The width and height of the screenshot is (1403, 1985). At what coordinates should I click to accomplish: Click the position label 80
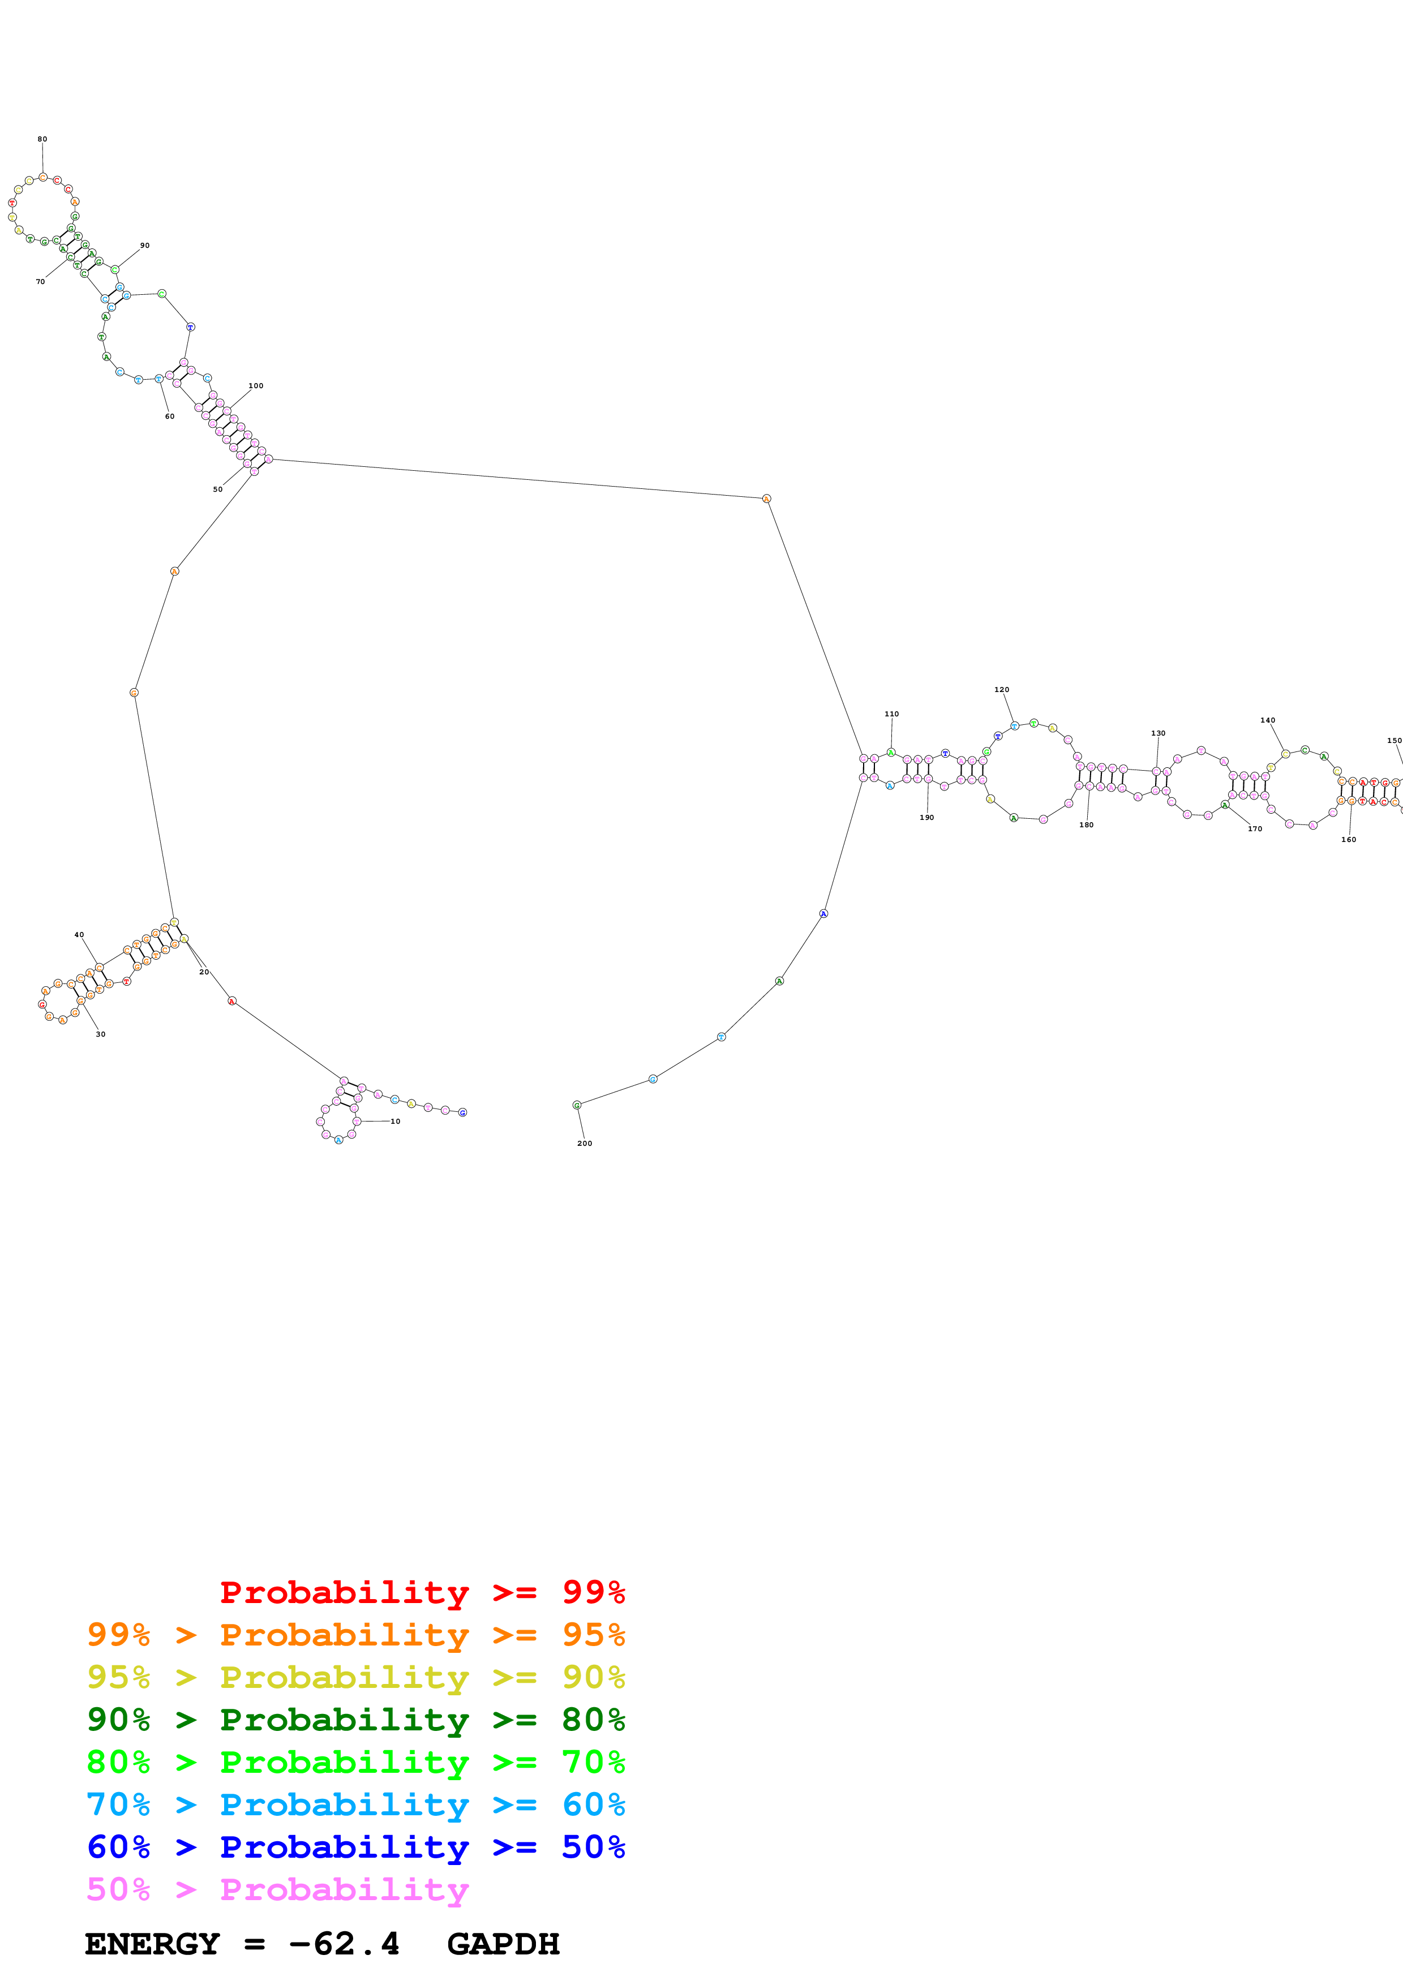[42, 139]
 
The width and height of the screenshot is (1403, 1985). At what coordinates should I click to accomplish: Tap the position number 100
[256, 385]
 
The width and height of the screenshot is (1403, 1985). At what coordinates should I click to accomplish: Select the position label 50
[218, 489]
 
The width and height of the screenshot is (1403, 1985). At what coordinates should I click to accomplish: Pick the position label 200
[585, 1143]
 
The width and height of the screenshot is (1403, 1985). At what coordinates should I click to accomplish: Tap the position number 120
[1001, 690]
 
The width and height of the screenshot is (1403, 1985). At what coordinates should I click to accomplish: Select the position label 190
[926, 817]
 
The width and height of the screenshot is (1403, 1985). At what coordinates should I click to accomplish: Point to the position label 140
[1267, 720]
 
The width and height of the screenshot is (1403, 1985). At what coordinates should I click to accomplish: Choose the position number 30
[100, 1034]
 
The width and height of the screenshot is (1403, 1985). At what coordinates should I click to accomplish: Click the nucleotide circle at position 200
[577, 1105]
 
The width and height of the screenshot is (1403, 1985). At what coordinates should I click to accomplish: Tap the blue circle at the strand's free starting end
[462, 1112]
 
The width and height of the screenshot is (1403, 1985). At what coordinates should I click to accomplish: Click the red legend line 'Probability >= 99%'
[422, 1592]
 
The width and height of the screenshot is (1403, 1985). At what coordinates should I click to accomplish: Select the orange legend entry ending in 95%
[356, 1634]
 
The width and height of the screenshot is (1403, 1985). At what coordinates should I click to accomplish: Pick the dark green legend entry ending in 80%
[356, 1720]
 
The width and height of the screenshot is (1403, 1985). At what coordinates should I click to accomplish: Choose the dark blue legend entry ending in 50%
[356, 1847]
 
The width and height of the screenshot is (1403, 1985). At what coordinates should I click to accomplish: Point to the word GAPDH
[503, 1944]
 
